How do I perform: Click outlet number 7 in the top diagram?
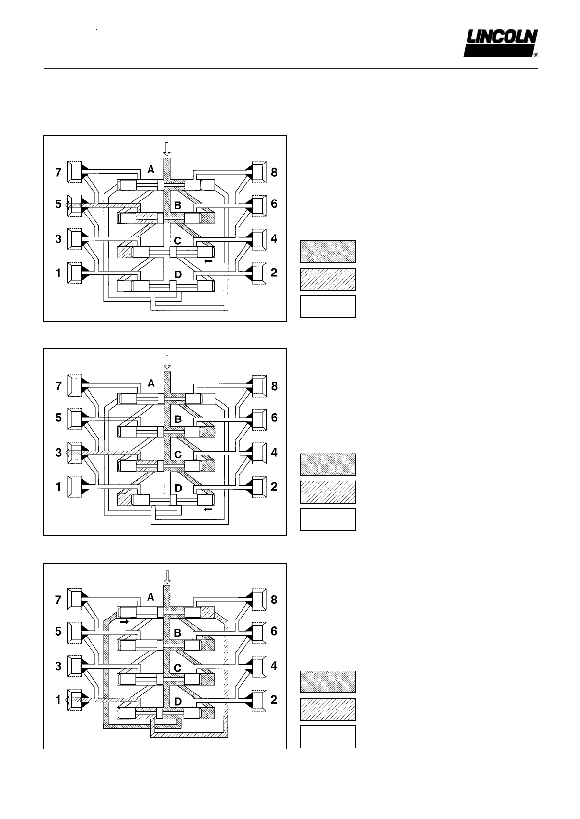[x=59, y=172]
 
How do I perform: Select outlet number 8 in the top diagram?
[x=274, y=172]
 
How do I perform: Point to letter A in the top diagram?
[x=151, y=169]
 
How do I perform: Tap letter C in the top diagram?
[x=178, y=241]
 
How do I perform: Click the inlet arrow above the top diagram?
[x=167, y=148]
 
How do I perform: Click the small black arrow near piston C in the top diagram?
[x=208, y=261]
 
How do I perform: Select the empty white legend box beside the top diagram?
[x=328, y=307]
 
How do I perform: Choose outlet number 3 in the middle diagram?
[x=59, y=453]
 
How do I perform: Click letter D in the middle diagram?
[x=178, y=488]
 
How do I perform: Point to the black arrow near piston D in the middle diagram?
[x=208, y=509]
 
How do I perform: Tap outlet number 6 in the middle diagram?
[x=274, y=418]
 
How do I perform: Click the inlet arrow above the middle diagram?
[x=167, y=362]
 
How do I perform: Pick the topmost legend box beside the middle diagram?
[x=328, y=465]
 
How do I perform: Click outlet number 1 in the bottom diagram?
[x=59, y=700]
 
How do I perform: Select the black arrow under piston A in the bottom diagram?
[x=124, y=622]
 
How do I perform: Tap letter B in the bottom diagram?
[x=178, y=633]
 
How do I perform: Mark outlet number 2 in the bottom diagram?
[x=274, y=700]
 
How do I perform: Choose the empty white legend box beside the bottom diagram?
[x=328, y=737]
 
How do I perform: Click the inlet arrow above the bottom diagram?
[x=167, y=576]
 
